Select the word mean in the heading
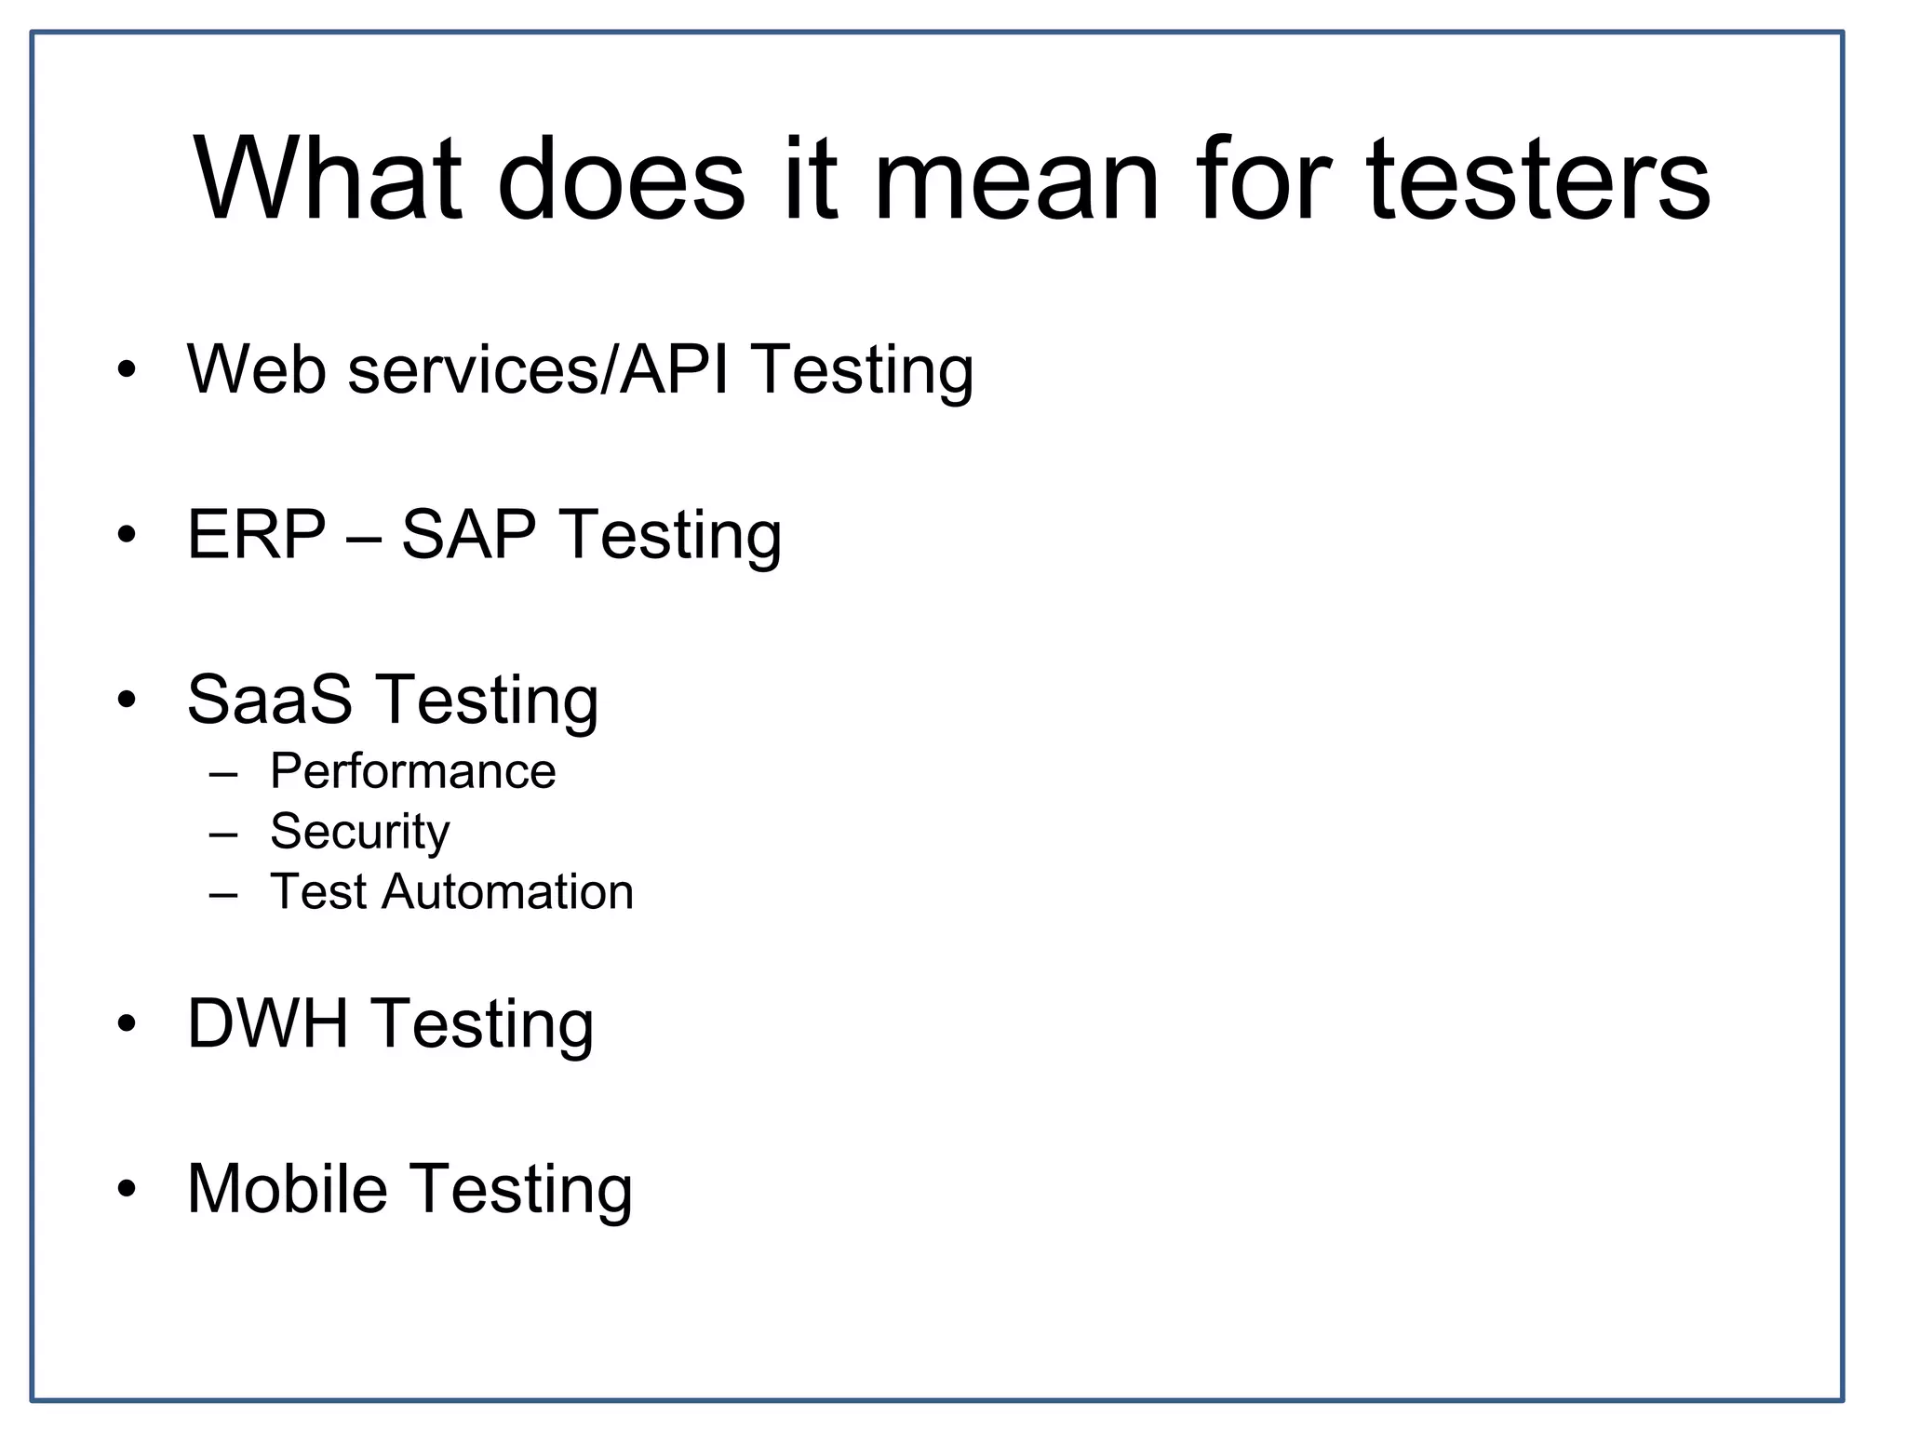pyautogui.click(x=1015, y=179)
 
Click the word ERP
pyautogui.click(x=257, y=535)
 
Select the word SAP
pyautogui.click(x=468, y=535)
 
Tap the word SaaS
pyautogui.click(x=270, y=700)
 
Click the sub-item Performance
pyautogui.click(x=412, y=771)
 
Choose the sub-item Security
pyautogui.click(x=359, y=832)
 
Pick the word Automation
pyautogui.click(x=507, y=892)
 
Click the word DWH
pyautogui.click(x=267, y=1023)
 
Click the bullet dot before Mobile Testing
pyautogui.click(x=128, y=1188)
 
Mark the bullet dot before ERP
pyautogui.click(x=128, y=535)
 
